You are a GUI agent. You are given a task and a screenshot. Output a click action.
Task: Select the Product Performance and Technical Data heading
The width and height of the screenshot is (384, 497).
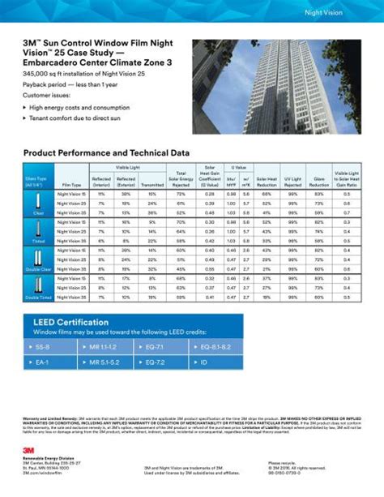(x=106, y=152)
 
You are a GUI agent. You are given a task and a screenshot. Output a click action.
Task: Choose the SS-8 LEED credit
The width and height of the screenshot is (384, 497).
(x=44, y=347)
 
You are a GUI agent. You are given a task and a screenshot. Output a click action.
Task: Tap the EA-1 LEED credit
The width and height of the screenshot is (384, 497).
(x=44, y=362)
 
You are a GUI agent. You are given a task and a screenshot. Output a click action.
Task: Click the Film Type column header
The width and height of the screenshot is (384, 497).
(x=71, y=186)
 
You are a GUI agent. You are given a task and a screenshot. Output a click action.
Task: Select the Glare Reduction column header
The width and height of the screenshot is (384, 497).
(x=319, y=183)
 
